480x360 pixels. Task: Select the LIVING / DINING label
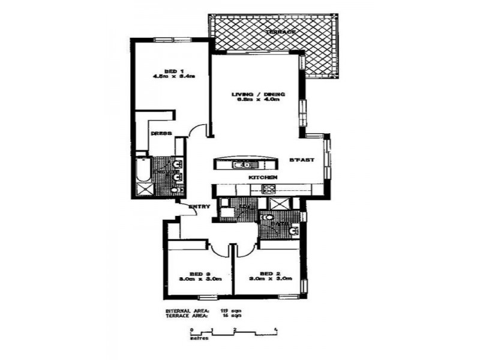coord(258,94)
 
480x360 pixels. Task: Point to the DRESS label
coord(161,133)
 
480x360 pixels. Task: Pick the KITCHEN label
coord(263,178)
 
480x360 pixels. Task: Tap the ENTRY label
coord(200,207)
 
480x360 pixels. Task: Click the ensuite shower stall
coord(145,190)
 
